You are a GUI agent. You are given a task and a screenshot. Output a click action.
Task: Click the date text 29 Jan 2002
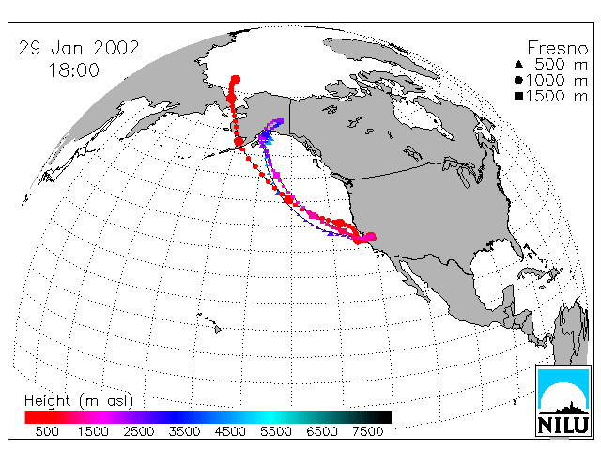point(79,48)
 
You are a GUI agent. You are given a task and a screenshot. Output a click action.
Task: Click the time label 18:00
point(74,70)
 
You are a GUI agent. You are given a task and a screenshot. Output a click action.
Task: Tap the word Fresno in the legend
point(558,48)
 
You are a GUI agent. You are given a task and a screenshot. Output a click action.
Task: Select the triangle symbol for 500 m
point(518,64)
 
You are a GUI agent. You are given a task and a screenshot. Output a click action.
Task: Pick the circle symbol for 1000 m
point(518,80)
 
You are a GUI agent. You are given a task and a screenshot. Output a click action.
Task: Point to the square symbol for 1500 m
point(518,96)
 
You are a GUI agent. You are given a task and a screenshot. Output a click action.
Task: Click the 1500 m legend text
point(557,96)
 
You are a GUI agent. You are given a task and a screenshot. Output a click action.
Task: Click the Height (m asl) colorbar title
point(79,401)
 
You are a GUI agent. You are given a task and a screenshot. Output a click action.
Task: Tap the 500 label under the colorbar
point(47,431)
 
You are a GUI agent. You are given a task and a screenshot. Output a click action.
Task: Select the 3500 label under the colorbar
point(184,431)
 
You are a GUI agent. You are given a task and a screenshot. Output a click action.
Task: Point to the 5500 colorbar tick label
point(276,431)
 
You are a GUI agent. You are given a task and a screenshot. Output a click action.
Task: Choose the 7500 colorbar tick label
point(367,431)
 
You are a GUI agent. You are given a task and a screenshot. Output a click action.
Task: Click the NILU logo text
point(563,425)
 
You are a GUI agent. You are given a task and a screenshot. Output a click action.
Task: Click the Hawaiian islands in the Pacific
point(209,322)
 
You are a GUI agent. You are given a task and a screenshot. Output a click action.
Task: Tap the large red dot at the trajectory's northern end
point(236,80)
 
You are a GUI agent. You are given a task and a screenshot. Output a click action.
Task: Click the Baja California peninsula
point(413,277)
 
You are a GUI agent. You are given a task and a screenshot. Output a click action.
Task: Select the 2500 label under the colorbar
point(139,431)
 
